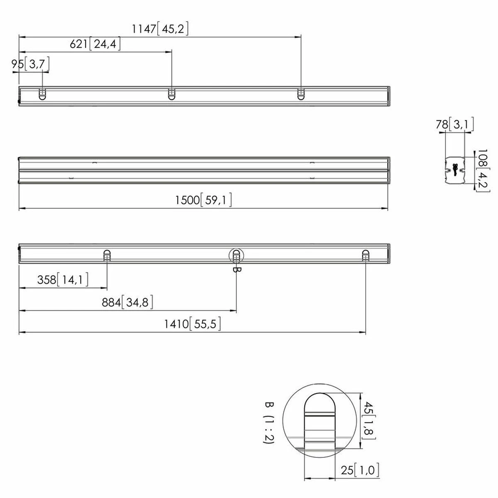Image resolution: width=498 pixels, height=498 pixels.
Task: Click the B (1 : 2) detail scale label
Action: click(269, 423)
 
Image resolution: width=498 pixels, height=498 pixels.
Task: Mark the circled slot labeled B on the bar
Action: click(236, 256)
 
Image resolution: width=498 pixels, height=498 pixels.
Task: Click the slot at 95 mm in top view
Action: click(42, 94)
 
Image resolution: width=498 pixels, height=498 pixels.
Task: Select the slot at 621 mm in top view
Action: click(171, 94)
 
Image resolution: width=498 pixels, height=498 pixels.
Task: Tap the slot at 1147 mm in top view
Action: click(300, 94)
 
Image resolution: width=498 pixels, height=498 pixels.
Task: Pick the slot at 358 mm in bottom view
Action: click(107, 256)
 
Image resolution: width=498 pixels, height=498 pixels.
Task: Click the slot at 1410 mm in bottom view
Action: click(366, 256)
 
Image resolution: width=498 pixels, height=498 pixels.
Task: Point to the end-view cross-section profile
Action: click(454, 170)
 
